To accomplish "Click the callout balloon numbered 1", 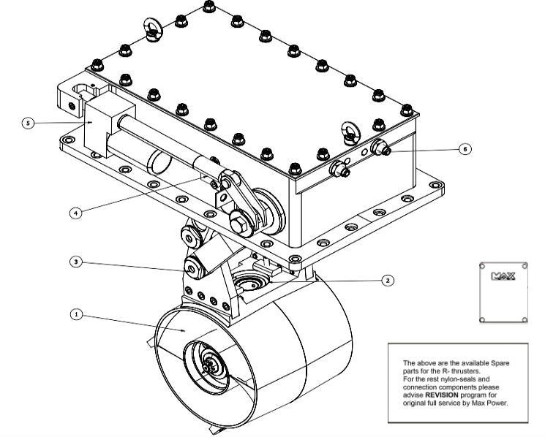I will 75,315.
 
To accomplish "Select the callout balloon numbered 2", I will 388,280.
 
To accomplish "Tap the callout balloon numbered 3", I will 75,261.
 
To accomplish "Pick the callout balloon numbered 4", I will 75,213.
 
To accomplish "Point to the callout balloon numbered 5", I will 28,123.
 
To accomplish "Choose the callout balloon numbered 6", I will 464,148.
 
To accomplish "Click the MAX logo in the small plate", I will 503,277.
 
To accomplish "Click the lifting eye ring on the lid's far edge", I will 154,26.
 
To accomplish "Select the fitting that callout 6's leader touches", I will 380,148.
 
